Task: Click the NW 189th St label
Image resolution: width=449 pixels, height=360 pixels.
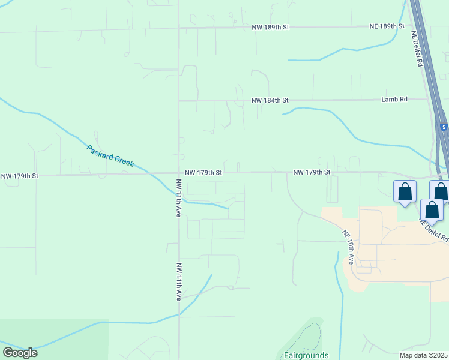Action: [270, 27]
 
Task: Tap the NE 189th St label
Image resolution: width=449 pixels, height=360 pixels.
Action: [387, 26]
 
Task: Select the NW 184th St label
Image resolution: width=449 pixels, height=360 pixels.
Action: [270, 100]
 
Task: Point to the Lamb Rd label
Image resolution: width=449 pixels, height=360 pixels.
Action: [394, 100]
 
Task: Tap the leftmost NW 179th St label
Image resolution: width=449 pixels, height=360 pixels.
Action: [20, 176]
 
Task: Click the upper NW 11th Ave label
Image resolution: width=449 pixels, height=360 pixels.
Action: [178, 197]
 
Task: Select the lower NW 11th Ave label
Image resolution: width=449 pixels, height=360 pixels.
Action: [179, 281]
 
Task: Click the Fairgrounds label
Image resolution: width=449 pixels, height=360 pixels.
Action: [306, 355]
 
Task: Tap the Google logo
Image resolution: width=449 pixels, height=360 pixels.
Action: [19, 353]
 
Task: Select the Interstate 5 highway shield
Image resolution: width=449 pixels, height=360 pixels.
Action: [443, 128]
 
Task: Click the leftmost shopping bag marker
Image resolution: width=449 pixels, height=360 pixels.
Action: [405, 191]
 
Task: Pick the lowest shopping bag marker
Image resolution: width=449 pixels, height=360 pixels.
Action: [432, 210]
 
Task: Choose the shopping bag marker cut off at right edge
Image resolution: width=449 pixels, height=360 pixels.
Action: [442, 191]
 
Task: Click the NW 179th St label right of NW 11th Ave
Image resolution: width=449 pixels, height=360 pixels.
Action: [203, 172]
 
